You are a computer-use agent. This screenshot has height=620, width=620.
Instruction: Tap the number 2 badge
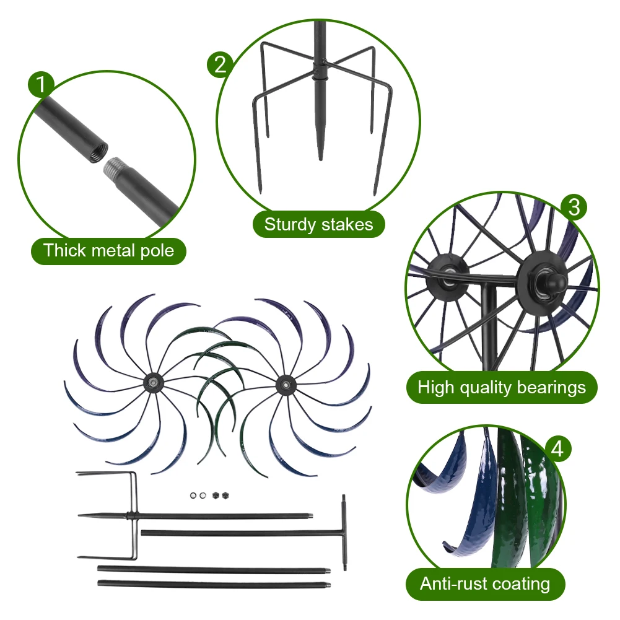click(x=220, y=64)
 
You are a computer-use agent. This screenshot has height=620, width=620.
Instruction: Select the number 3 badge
click(x=574, y=207)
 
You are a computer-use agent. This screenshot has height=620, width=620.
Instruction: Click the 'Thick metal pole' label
click(x=108, y=251)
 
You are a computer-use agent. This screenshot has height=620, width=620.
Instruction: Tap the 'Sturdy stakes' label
click(x=318, y=224)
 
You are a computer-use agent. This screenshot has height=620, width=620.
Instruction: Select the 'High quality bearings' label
click(x=501, y=388)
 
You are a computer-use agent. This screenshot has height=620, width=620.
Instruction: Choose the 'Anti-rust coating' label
click(x=485, y=583)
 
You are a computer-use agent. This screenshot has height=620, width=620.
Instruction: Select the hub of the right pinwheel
click(x=285, y=384)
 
